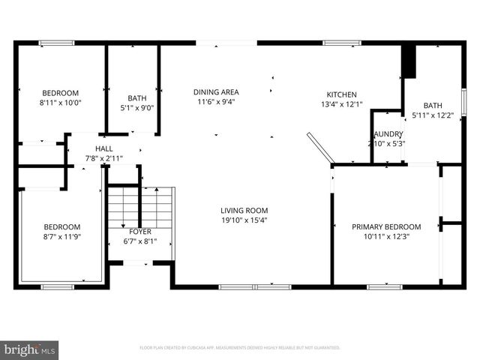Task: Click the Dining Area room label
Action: pyautogui.click(x=216, y=91)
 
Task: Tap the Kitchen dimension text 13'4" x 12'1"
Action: pyautogui.click(x=341, y=105)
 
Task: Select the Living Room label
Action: pyautogui.click(x=244, y=210)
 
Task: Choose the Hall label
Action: pyautogui.click(x=103, y=148)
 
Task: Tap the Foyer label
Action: pyautogui.click(x=140, y=232)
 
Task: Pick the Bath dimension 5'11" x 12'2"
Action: pyautogui.click(x=433, y=115)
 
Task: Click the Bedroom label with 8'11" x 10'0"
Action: pyautogui.click(x=60, y=93)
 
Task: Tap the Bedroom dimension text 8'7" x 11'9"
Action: pyautogui.click(x=61, y=237)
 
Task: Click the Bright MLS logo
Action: pyautogui.click(x=30, y=349)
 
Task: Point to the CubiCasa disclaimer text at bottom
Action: pyautogui.click(x=240, y=348)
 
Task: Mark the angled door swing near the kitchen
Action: pyautogui.click(x=320, y=147)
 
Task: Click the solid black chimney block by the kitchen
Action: pyautogui.click(x=409, y=61)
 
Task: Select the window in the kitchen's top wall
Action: pyautogui.click(x=336, y=43)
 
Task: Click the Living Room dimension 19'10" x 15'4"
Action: pyautogui.click(x=244, y=220)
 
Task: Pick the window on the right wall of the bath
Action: pyautogui.click(x=463, y=101)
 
